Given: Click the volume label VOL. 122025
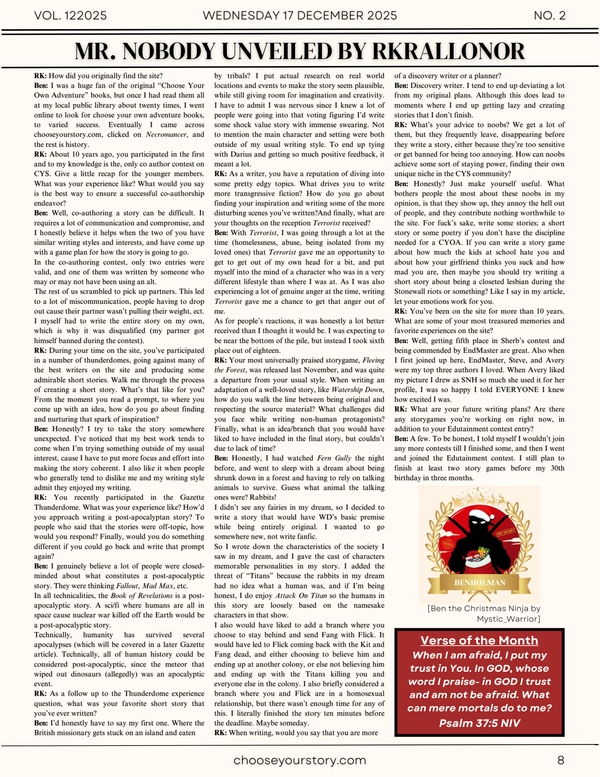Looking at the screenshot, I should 70,16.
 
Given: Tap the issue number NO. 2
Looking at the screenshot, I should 550,16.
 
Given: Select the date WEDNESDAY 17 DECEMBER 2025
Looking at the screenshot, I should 300,16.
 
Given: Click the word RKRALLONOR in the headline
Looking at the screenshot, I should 449,51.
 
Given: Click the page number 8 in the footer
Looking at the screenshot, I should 560,760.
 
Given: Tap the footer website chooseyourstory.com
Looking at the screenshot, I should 300,760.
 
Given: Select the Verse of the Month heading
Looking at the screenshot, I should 479,641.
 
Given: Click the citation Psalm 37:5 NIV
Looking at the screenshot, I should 479,723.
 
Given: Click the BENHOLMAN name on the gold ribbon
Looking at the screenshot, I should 480,583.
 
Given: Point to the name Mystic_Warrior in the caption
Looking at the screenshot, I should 508,619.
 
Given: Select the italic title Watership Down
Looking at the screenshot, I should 357,390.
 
